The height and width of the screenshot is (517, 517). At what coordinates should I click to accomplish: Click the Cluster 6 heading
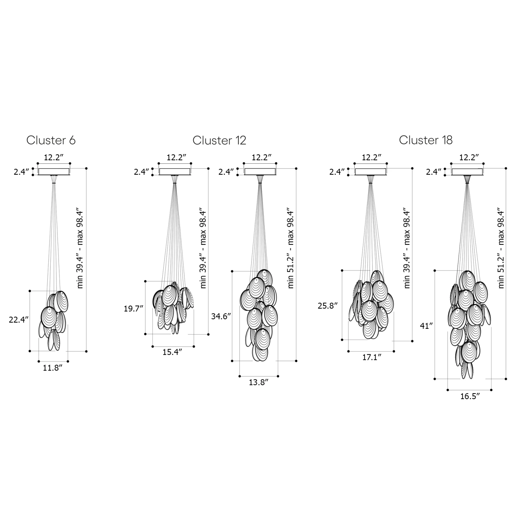51,140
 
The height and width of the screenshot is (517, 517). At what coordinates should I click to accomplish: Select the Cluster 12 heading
219,140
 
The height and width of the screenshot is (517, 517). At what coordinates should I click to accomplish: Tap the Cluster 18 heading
426,140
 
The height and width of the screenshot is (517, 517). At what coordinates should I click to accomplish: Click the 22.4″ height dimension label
19,320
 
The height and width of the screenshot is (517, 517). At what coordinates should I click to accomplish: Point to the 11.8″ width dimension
52,368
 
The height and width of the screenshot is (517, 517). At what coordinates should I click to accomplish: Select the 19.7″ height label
133,308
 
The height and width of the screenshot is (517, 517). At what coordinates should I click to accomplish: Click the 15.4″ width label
172,352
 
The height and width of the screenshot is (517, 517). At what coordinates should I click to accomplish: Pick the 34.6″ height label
221,316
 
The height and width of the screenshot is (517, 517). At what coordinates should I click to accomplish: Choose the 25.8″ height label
327,305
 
